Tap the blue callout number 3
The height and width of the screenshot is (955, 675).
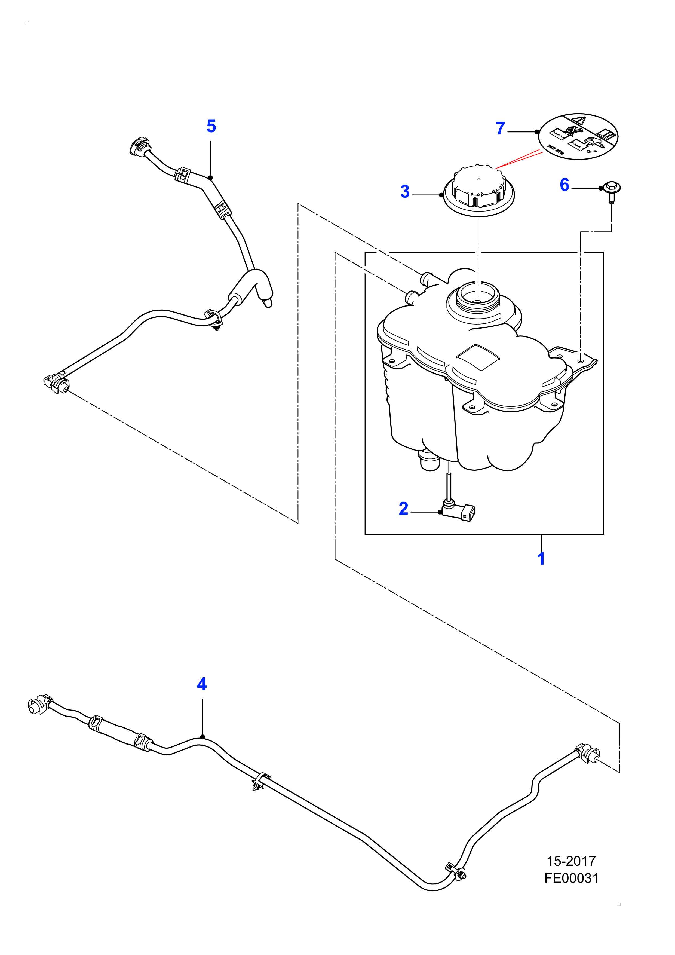click(405, 192)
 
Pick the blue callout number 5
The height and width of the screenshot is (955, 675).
click(211, 126)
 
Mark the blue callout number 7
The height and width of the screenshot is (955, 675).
click(500, 128)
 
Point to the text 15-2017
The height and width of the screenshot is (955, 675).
click(571, 861)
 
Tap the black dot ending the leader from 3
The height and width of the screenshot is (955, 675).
click(441, 194)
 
